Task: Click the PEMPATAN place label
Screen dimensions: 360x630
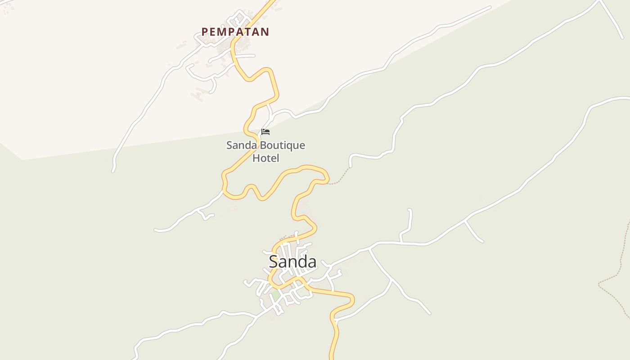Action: [235, 32]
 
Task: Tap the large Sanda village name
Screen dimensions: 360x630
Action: [292, 261]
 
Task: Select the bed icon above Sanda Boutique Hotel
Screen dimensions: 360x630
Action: [265, 132]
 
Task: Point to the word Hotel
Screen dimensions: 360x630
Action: [265, 158]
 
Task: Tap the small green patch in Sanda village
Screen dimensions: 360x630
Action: [274, 296]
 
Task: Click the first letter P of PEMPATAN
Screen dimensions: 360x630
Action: [205, 32]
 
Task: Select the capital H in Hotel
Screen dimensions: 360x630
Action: [256, 158]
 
